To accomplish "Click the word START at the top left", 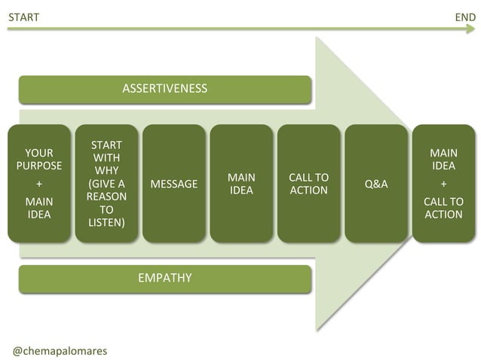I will coord(23,17).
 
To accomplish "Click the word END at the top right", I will coord(465,17).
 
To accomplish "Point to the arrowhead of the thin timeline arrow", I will coord(471,29).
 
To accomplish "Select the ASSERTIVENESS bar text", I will coord(164,89).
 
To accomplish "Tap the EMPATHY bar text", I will coord(164,278).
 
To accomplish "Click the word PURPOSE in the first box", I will coord(39,166).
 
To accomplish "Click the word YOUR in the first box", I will coord(39,153).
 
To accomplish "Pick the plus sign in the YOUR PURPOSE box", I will coord(39,184).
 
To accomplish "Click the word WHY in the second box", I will coord(106,171).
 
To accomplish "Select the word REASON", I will coord(106,197).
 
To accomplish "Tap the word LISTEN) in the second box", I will coord(106,223).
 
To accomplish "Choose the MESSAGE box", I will coord(174,184).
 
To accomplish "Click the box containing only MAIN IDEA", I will coord(241,184).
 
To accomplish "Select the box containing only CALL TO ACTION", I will coord(308,184).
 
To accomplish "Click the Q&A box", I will coord(376,184).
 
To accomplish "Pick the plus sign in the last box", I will coord(443,184).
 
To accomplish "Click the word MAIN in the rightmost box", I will coord(443,153).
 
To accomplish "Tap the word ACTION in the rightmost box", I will coord(443,215).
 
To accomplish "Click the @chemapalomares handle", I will coord(60,351).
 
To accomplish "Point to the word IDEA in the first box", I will coord(39,215).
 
